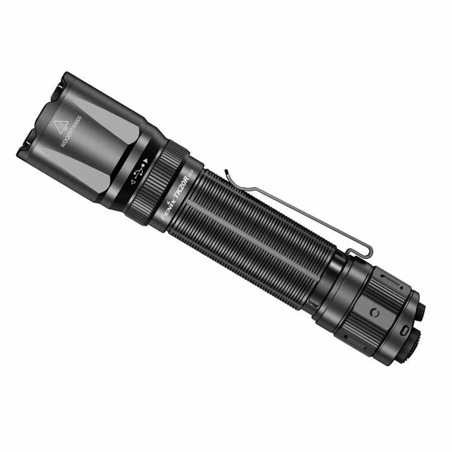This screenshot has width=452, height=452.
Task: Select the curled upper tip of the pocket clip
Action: (x=227, y=173)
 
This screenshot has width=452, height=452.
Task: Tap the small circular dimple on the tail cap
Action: (x=374, y=312)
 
